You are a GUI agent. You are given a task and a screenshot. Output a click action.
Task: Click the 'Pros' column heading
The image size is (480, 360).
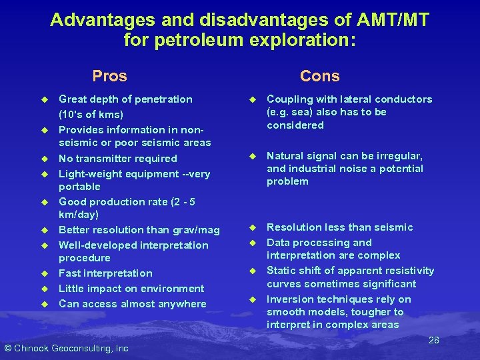109,76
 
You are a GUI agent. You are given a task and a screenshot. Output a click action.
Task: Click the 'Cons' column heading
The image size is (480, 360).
319,76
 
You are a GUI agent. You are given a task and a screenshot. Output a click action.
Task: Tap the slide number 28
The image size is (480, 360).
433,340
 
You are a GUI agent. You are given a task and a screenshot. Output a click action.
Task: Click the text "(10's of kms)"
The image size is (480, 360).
91,114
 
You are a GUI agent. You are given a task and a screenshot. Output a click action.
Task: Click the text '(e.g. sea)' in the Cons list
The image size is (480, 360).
291,112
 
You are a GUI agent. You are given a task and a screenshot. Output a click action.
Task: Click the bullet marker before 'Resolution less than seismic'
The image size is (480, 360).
253,227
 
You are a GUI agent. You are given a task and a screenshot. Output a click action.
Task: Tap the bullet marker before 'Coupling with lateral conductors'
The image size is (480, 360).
253,99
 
